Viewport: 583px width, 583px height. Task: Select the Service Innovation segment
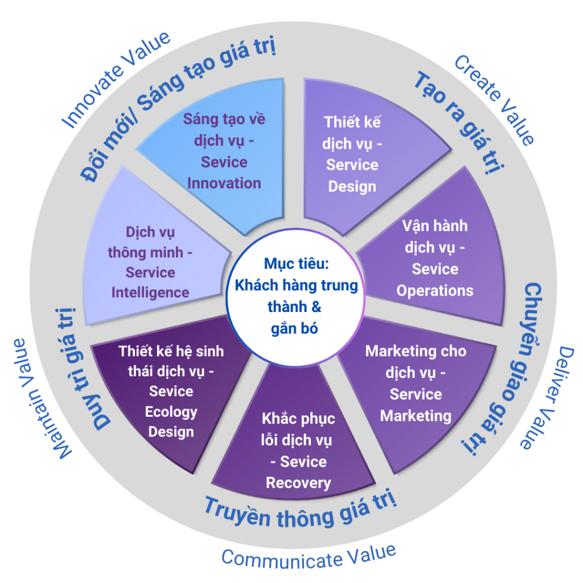(x=224, y=151)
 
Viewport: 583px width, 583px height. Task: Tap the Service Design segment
(x=352, y=154)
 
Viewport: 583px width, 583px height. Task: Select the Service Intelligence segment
(x=150, y=262)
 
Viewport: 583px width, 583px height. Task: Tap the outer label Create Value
(x=495, y=100)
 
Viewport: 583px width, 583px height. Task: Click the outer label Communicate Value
(x=308, y=556)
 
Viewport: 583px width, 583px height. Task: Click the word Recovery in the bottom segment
(x=298, y=483)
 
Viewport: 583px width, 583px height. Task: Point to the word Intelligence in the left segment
(x=150, y=292)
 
